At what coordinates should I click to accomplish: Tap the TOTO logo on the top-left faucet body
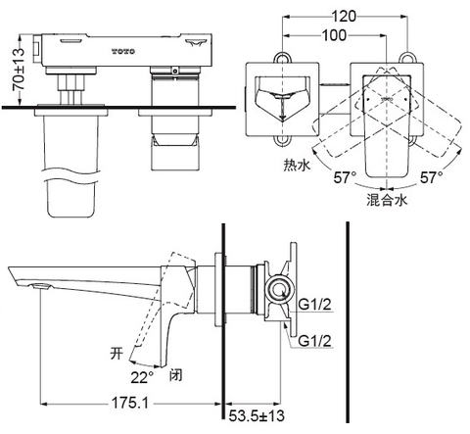tap(120, 46)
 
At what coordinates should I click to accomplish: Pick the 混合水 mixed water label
tap(387, 200)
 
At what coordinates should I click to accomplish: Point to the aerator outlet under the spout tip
tap(40, 284)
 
